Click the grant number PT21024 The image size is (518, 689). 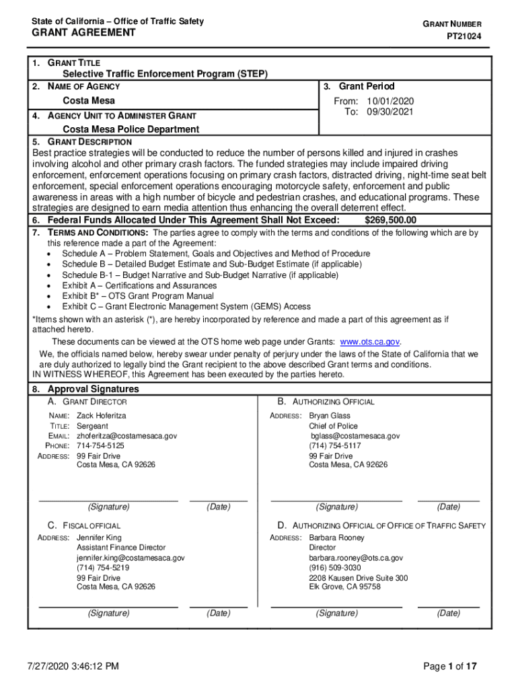point(464,37)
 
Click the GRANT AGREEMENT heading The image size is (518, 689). point(84,33)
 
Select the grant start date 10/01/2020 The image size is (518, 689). point(390,102)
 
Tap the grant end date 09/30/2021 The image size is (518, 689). point(390,112)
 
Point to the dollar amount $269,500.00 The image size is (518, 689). point(390,221)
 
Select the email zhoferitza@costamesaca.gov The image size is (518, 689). point(126,436)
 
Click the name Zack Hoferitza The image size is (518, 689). point(101,416)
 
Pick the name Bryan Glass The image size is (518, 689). point(330,416)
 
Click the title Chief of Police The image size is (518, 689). point(333,426)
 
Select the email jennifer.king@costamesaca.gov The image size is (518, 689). point(131,558)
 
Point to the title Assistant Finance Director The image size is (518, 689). point(121,548)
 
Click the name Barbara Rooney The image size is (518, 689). point(336,538)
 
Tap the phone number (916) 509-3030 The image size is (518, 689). point(335,568)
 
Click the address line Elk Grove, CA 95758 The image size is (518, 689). point(344,587)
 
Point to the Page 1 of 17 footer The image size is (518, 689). point(450,667)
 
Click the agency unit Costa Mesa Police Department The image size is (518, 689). point(131,129)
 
